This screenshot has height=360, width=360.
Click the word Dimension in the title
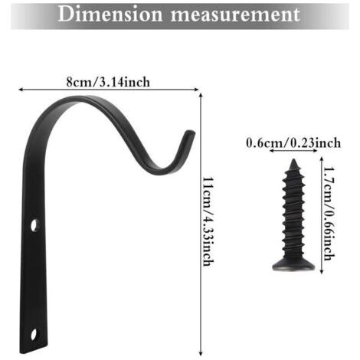(110, 14)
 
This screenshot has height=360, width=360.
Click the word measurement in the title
(235, 15)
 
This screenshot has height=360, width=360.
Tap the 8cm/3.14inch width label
(108, 82)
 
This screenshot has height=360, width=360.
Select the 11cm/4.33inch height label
(208, 221)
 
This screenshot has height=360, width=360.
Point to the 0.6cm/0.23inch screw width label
(293, 142)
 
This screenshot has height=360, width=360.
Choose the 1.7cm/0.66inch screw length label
(329, 214)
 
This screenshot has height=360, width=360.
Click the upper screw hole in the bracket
(34, 226)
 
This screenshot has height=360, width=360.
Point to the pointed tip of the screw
(293, 160)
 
